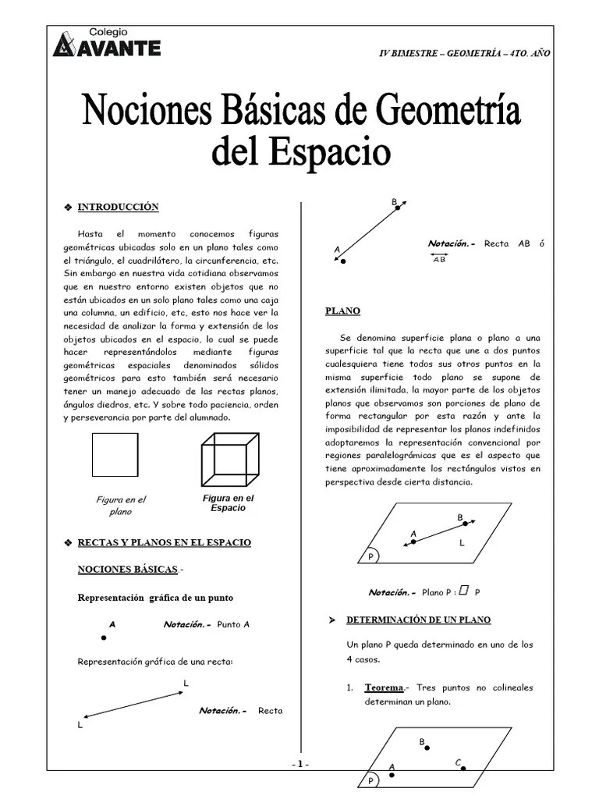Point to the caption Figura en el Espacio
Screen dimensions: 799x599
(x=228, y=502)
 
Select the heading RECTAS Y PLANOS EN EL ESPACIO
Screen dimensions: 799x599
(x=164, y=542)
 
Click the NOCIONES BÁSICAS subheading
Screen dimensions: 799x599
(x=128, y=570)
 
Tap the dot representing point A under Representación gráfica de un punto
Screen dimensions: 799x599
(x=104, y=637)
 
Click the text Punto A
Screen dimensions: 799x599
(x=234, y=625)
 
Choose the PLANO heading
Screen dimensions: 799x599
(x=342, y=311)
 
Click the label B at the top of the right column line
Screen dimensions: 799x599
(x=394, y=203)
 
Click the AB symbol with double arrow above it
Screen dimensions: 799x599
(x=439, y=259)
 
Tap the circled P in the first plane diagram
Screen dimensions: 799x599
(x=371, y=556)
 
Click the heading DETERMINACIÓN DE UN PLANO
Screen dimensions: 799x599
(x=418, y=620)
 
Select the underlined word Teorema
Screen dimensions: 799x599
(x=384, y=687)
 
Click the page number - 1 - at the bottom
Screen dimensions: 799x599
(x=300, y=764)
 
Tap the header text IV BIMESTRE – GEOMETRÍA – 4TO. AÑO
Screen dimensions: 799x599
(x=464, y=52)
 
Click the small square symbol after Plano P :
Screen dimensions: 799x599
(x=463, y=591)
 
